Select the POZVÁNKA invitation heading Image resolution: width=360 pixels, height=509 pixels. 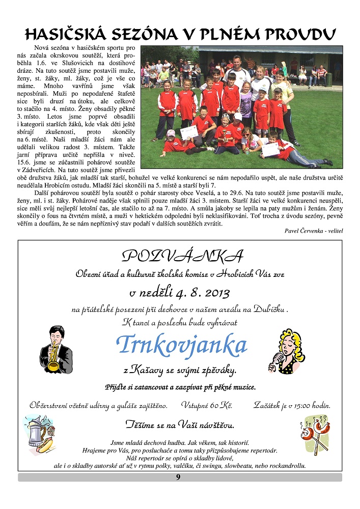[183, 255]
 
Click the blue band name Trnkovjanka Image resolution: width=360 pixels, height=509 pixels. [182, 346]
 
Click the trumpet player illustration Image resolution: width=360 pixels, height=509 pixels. [54, 351]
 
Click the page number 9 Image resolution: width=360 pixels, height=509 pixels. [178, 477]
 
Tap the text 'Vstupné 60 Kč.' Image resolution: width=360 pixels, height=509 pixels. [207, 406]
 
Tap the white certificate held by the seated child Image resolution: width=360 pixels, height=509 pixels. [189, 132]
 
